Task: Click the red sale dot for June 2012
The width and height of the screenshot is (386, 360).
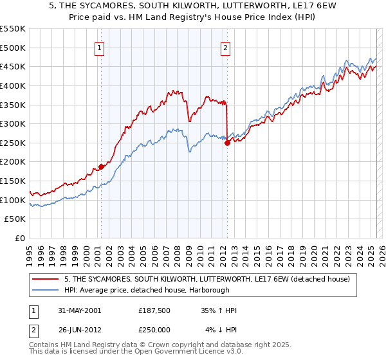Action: [x=227, y=143]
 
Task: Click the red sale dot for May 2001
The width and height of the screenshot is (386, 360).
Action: [x=102, y=167]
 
